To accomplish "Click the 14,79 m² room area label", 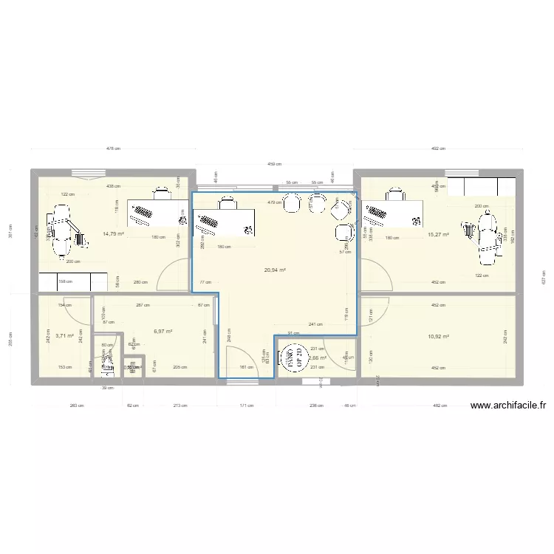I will coord(112,233).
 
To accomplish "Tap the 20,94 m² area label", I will coord(275,270).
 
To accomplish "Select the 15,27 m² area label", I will coord(438,236).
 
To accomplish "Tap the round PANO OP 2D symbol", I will coord(290,358).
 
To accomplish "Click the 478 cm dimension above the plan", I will coord(113,148).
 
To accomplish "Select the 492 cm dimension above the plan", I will coord(438,148).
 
